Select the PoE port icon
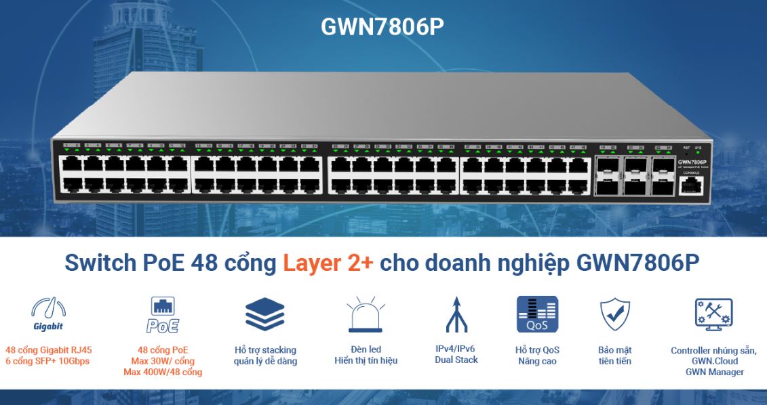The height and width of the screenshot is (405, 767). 163,315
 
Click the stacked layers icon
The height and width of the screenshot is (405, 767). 264,314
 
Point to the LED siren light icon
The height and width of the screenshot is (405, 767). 366,314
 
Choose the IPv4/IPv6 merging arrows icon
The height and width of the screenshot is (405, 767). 456,314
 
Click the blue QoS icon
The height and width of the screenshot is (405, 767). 537,314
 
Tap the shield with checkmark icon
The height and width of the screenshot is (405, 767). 615,314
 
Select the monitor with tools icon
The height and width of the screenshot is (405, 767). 713,314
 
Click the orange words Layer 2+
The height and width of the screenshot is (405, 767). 328,264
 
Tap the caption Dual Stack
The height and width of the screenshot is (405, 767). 456,360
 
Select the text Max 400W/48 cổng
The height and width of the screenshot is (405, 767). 163,372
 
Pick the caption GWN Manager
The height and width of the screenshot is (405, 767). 714,372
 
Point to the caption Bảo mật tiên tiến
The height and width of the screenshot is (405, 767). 615,356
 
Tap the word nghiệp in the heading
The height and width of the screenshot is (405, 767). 532,264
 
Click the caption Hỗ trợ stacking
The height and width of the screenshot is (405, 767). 265,350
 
